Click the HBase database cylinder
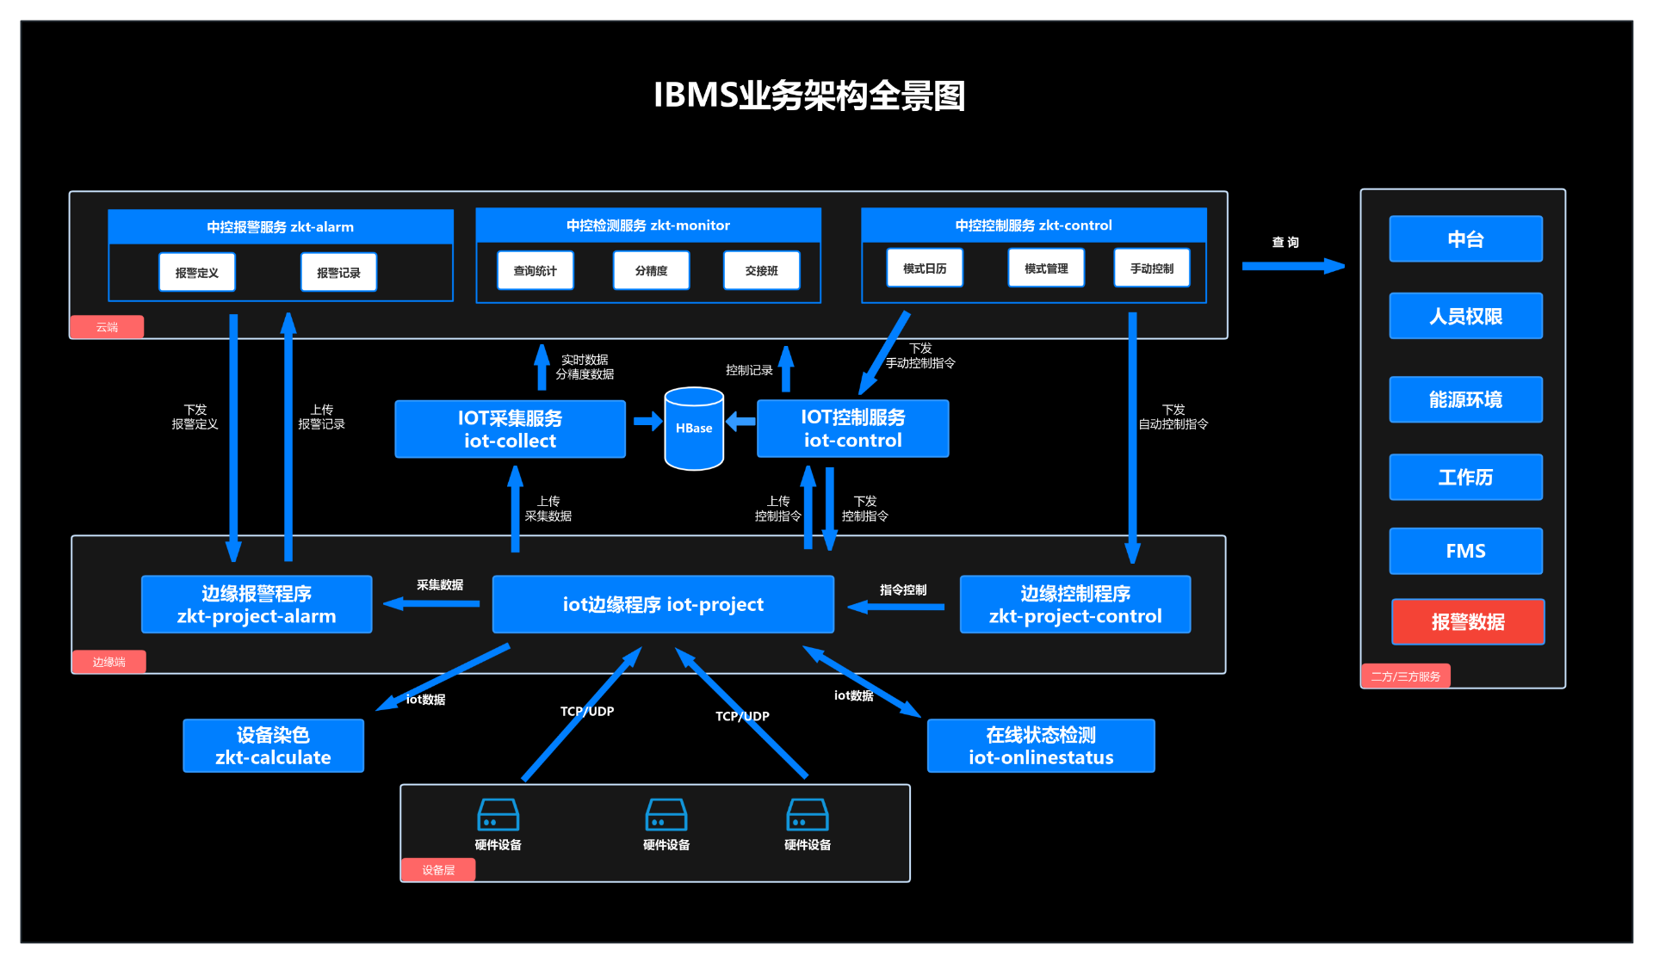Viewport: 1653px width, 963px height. (694, 429)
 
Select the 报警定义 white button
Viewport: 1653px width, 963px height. (197, 273)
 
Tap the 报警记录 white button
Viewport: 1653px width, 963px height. (338, 273)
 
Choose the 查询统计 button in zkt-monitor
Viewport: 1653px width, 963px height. (535, 271)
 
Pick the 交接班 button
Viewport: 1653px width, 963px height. (761, 271)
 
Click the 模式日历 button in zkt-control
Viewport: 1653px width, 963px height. (925, 269)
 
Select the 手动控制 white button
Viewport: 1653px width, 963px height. (1151, 269)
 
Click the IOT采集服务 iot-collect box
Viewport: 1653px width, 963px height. (510, 429)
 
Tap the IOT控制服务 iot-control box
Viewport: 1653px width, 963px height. (852, 429)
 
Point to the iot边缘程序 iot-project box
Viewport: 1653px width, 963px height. (663, 604)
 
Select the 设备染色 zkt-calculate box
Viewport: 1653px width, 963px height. (273, 746)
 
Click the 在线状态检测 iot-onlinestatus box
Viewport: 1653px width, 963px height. (1040, 746)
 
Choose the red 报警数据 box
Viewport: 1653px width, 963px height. (1467, 622)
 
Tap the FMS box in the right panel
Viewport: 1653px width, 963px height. (1465, 551)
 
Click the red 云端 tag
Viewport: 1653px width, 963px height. (107, 327)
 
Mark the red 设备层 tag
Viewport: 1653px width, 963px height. (438, 870)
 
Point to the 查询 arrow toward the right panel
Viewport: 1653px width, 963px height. (1292, 266)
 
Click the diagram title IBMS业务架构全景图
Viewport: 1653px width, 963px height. (808, 96)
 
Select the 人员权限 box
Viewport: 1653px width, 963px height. (1465, 317)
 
